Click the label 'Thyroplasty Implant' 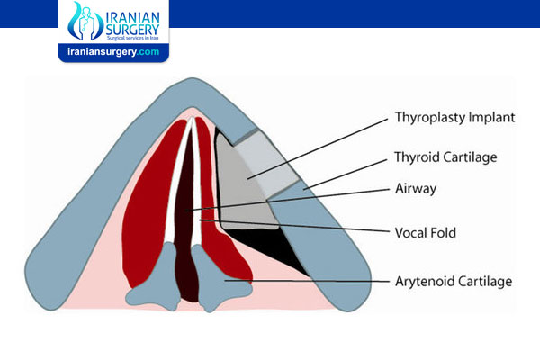(454, 118)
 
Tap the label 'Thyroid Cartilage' (445, 157)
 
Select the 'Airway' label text (416, 189)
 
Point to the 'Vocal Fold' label (426, 233)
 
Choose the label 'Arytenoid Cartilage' (454, 282)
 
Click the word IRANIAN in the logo (132, 19)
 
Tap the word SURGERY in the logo (132, 30)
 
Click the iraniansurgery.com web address (113, 52)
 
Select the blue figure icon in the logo (85, 22)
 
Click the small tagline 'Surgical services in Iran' (132, 38)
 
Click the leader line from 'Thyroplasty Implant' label (318, 149)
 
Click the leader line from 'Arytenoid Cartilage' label (307, 281)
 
